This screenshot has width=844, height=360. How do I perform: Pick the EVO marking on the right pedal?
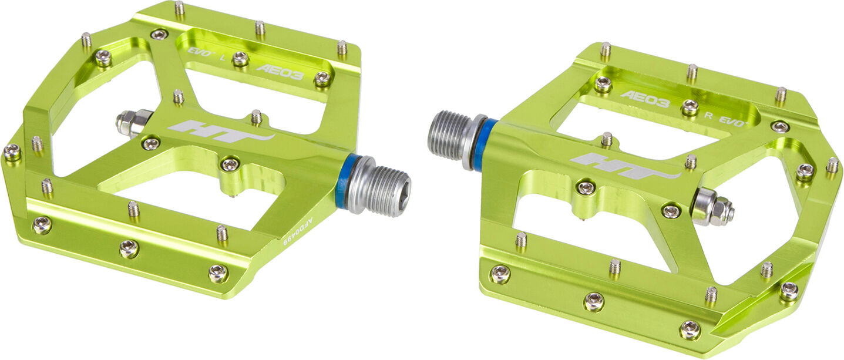[x=734, y=122]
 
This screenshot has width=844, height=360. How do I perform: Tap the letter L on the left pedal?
[x=221, y=58]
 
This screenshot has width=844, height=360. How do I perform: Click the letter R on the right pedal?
[x=708, y=115]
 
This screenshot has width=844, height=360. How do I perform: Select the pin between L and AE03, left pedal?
[x=240, y=58]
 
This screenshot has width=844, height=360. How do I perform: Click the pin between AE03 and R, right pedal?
[x=690, y=107]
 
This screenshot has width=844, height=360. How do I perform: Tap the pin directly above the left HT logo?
[x=256, y=117]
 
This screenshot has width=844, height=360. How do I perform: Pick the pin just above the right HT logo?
[x=607, y=139]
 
